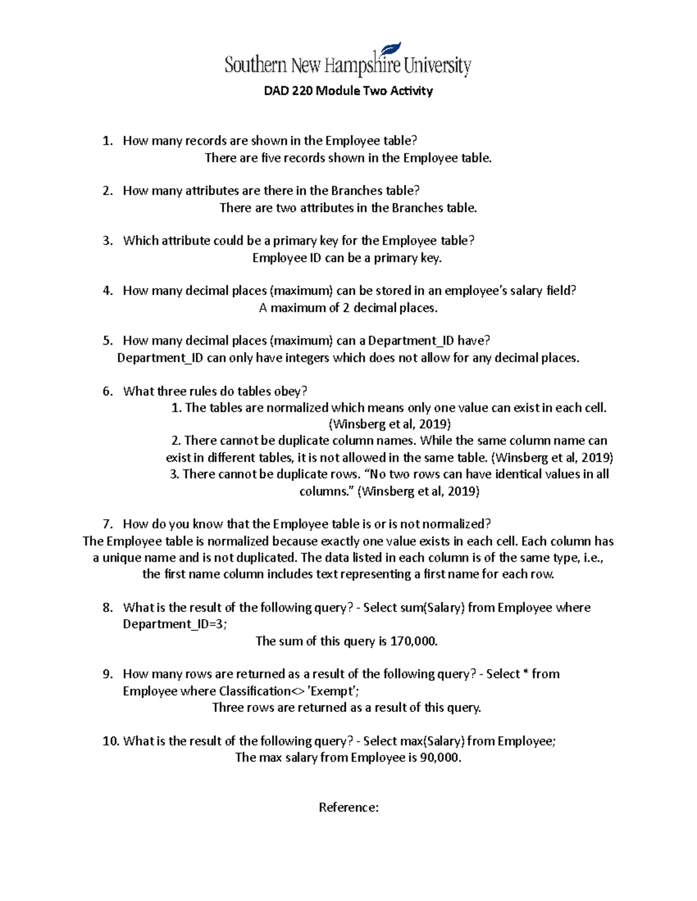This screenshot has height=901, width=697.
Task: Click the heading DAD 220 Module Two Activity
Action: pyautogui.click(x=348, y=91)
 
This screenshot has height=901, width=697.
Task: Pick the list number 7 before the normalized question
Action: pyautogui.click(x=107, y=524)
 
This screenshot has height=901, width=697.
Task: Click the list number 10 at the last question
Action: pyautogui.click(x=110, y=741)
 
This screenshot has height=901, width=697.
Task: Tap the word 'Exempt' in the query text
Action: pyautogui.click(x=333, y=691)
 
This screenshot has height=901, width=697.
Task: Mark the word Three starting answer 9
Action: pyautogui.click(x=228, y=708)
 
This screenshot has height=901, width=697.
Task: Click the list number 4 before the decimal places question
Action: pyautogui.click(x=107, y=291)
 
